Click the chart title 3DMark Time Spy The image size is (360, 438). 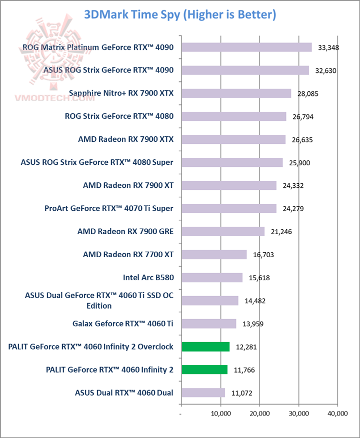point(180,14)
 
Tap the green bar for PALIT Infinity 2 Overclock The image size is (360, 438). point(205,347)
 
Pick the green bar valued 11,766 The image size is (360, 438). point(204,370)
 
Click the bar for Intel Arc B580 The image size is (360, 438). point(212,278)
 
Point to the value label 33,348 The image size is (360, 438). point(328,48)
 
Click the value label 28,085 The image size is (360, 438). point(307,93)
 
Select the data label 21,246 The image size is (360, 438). point(281,232)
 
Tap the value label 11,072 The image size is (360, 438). point(241,393)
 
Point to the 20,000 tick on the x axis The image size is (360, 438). point(259,414)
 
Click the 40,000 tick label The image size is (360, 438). point(337,414)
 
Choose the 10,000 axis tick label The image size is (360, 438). point(220,414)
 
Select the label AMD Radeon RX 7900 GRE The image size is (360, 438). point(125,232)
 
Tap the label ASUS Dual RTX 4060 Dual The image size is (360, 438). point(124,393)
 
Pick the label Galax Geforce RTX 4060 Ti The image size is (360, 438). point(122,324)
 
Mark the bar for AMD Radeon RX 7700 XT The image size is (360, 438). point(214,255)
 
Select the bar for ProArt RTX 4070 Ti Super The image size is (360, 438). point(229,209)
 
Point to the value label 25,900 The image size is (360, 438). point(299,163)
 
